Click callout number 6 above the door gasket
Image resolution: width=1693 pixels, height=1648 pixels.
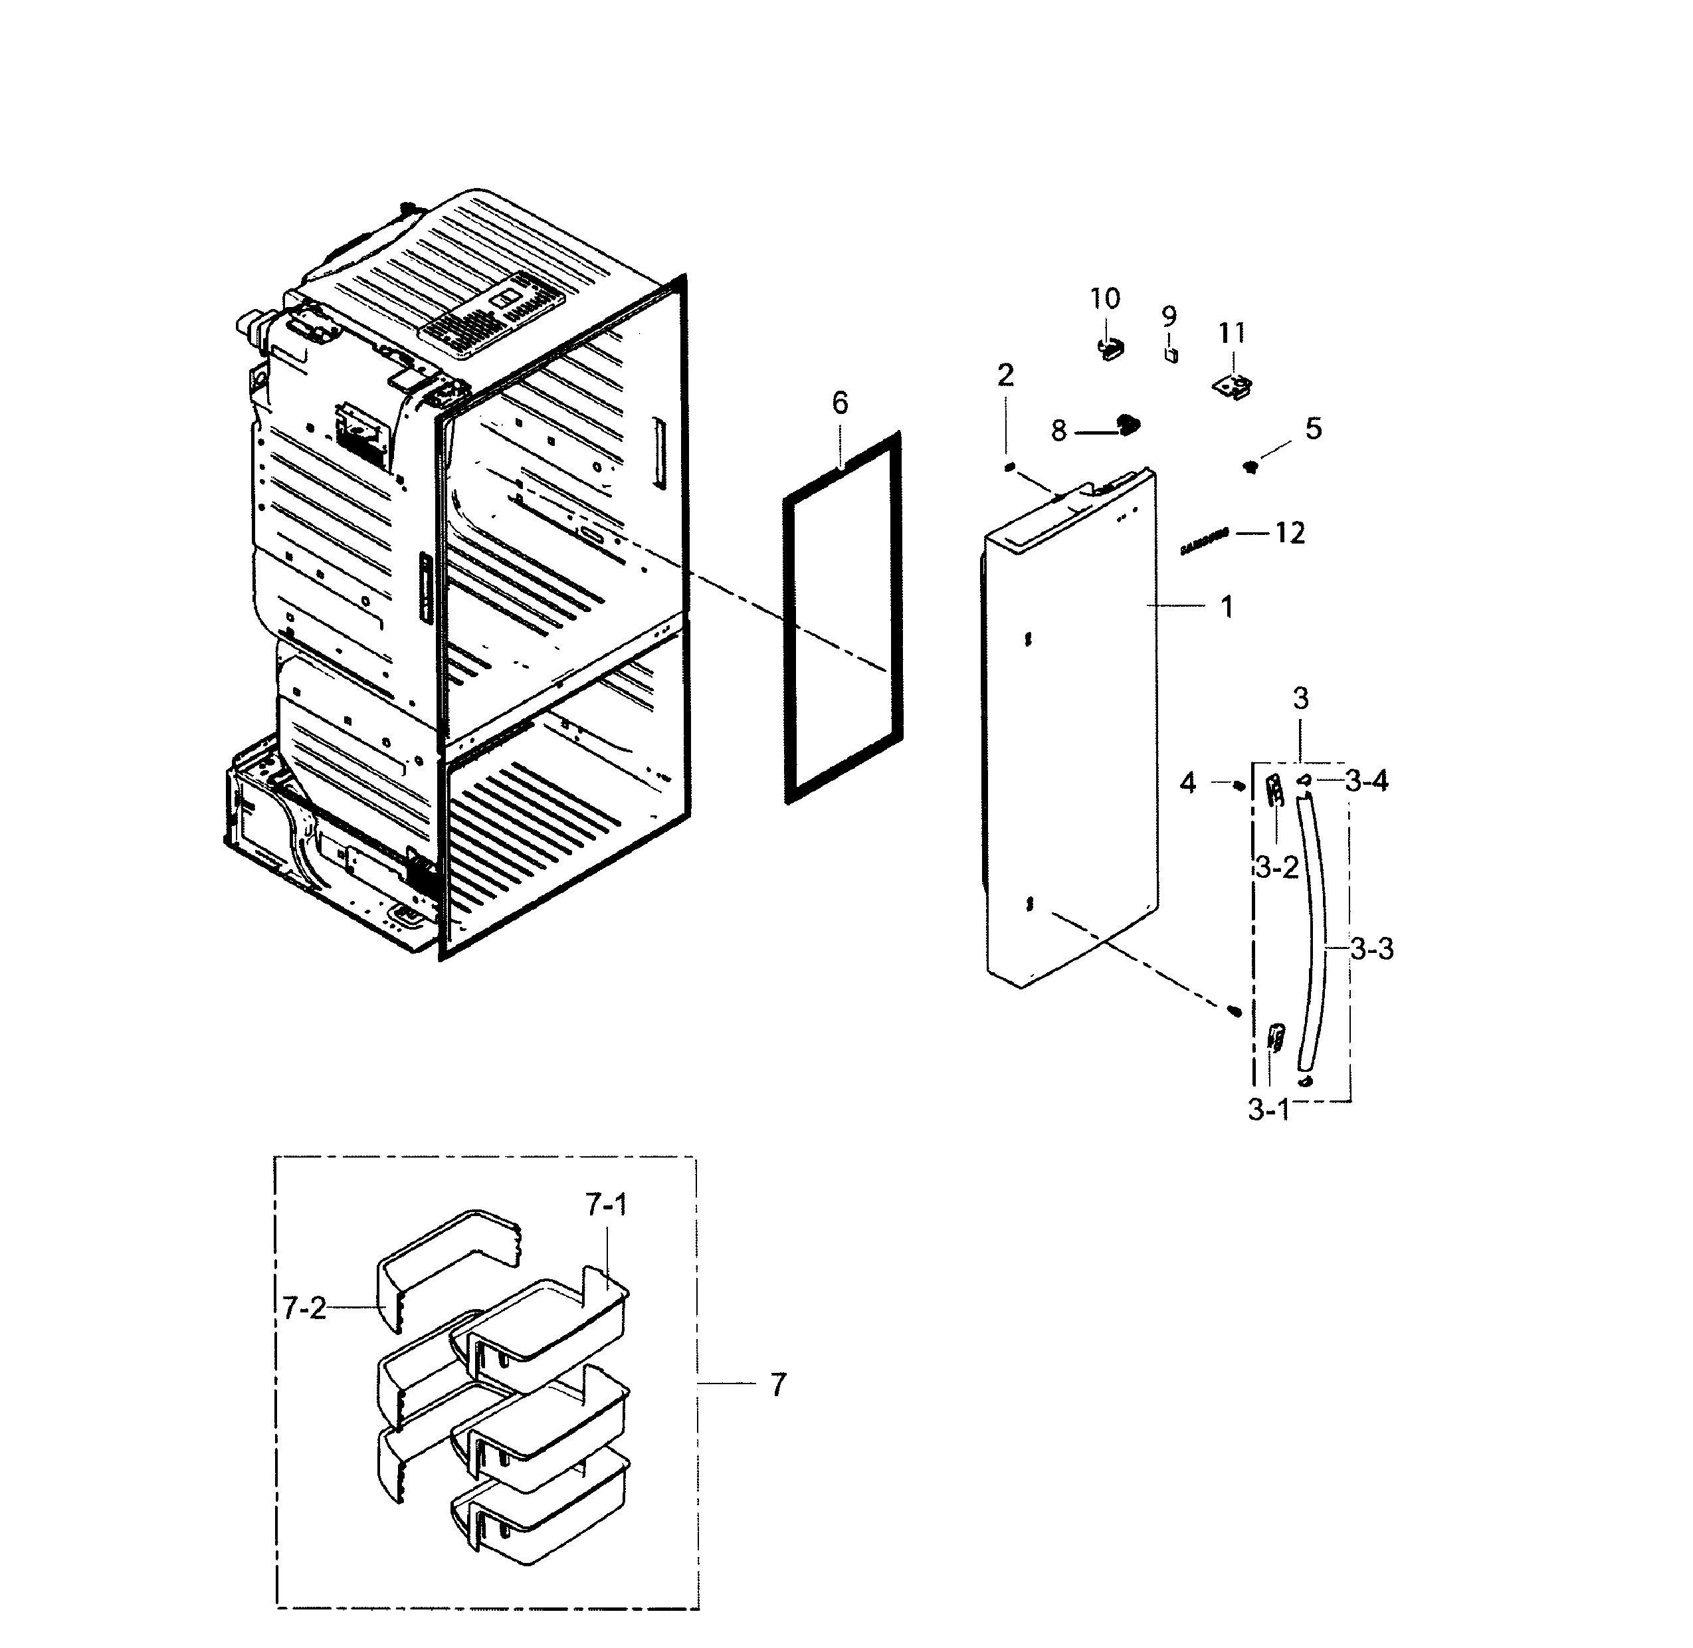coord(840,403)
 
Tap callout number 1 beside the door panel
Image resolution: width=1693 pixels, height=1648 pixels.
coord(1227,607)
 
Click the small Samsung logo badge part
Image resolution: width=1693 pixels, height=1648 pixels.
coord(1205,541)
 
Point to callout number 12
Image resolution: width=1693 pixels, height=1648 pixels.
coord(1289,533)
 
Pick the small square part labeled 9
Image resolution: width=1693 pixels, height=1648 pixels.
coord(1171,355)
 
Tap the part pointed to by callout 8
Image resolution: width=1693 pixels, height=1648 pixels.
coord(1127,423)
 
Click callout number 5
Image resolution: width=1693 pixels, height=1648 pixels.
coord(1313,429)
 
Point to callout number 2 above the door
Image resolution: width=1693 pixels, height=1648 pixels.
coord(1005,375)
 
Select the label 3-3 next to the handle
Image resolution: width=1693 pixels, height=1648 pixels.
coord(1373,950)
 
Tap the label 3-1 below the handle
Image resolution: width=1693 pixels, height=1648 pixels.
coord(1268,1110)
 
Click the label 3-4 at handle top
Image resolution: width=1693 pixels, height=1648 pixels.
coord(1367,781)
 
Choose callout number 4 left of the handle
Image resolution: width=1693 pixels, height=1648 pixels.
coord(1187,783)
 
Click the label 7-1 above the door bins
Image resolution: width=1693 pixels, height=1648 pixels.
coord(606,1204)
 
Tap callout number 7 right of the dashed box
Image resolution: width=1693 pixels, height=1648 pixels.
coord(778,1385)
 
